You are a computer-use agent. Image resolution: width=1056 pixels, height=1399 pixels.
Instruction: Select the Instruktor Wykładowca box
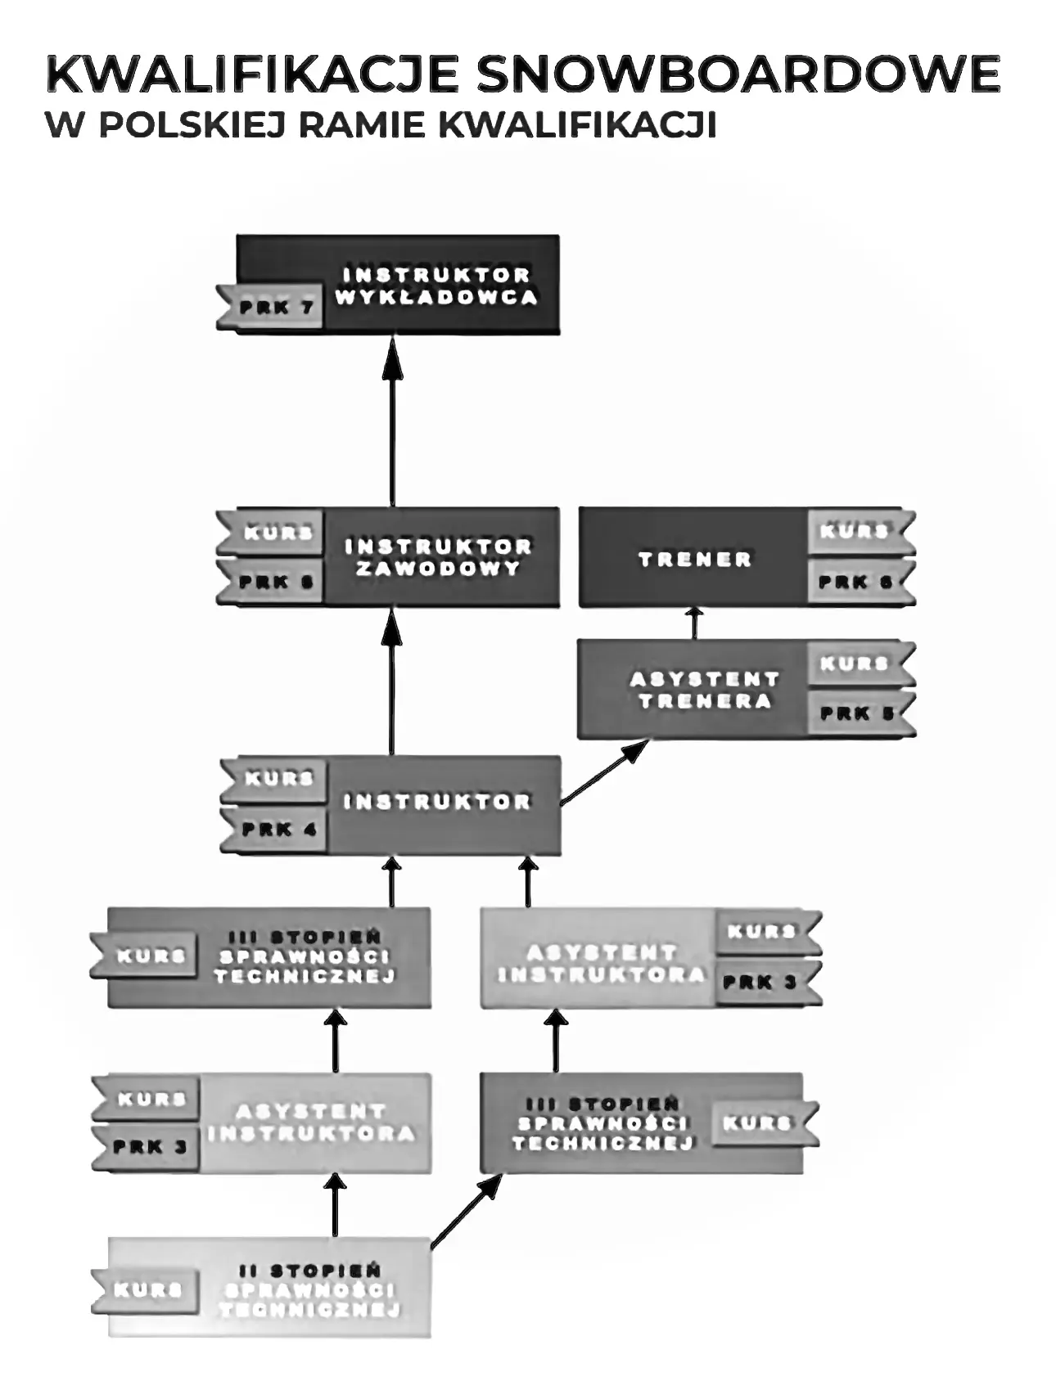point(437,285)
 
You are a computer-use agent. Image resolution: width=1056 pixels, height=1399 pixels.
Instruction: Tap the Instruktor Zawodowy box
point(439,557)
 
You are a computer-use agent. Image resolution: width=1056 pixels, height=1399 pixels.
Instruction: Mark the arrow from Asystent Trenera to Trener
point(695,623)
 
